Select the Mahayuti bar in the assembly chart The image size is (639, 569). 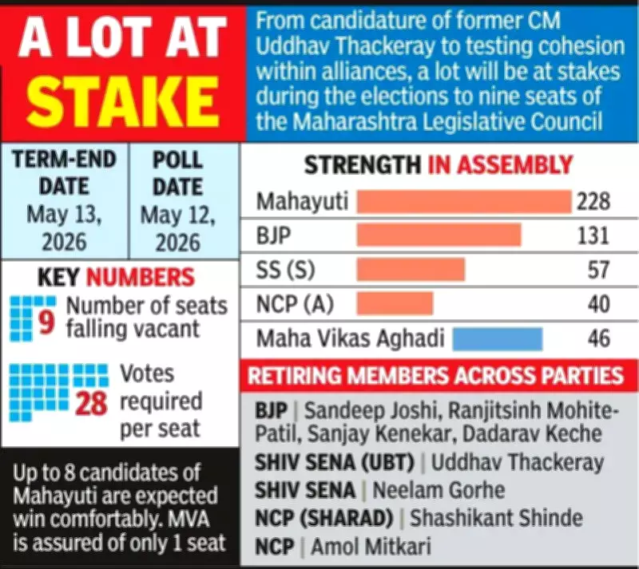click(x=463, y=201)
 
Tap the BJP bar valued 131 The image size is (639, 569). click(x=439, y=235)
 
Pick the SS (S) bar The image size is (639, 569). click(x=411, y=269)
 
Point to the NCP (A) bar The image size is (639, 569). click(x=395, y=303)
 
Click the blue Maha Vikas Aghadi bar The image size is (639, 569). click(x=497, y=338)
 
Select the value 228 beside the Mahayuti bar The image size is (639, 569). click(x=593, y=201)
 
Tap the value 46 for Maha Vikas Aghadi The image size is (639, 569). click(x=598, y=338)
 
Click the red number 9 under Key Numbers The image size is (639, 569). click(x=46, y=324)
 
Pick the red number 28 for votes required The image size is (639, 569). click(x=92, y=403)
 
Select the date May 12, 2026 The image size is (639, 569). click(x=177, y=228)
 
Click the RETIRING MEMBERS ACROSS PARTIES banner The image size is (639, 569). click(x=436, y=376)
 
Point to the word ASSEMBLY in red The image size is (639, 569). click(x=500, y=165)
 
